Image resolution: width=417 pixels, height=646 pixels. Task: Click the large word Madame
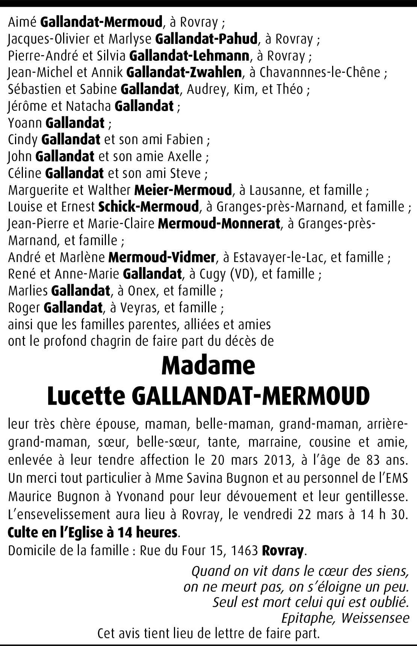(x=208, y=366)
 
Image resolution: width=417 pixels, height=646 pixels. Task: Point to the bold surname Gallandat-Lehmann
(x=189, y=56)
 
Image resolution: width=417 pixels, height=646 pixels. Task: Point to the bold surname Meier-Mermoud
(x=183, y=190)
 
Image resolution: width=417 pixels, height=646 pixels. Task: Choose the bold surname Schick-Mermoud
(x=148, y=207)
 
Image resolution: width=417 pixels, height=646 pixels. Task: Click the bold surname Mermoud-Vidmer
(x=162, y=257)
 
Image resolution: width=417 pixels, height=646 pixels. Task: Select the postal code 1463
(x=244, y=551)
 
